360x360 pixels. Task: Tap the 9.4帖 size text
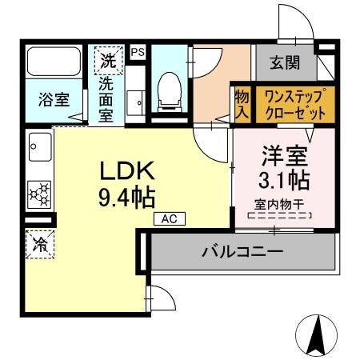126,195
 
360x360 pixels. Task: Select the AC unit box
169,217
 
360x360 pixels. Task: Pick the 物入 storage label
242,104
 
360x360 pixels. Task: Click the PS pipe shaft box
138,50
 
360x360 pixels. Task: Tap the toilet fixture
169,91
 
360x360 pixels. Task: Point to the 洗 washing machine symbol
107,58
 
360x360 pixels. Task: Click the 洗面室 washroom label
107,98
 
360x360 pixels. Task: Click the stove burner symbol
39,192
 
